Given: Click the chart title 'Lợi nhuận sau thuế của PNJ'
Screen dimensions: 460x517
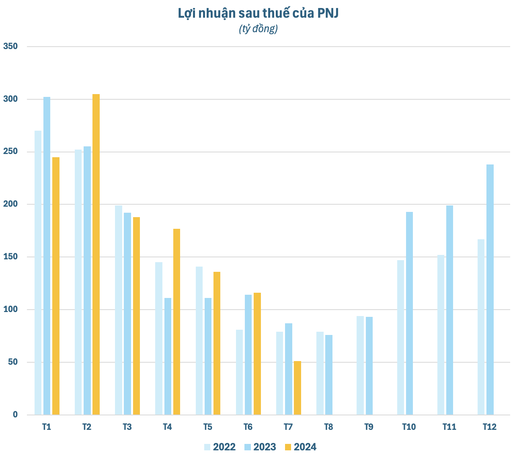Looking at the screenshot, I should (x=258, y=13).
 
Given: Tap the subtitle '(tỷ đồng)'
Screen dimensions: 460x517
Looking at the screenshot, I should (x=258, y=29).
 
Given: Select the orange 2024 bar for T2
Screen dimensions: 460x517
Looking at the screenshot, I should (x=96, y=254).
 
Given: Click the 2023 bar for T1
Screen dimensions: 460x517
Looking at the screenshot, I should (x=47, y=256).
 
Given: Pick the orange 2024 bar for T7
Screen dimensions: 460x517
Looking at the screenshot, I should (x=297, y=388).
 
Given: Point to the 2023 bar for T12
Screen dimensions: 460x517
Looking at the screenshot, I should (x=490, y=290).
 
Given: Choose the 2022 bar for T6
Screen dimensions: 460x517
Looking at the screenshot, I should (x=240, y=372).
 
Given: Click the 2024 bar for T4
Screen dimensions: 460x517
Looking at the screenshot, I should (x=177, y=322).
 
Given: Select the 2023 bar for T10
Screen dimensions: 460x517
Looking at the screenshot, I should (x=409, y=313).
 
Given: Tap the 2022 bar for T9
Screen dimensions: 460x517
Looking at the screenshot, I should (x=360, y=365).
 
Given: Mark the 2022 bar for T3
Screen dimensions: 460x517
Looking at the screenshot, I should (x=119, y=310).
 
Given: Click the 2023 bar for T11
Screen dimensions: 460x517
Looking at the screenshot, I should (x=449, y=310).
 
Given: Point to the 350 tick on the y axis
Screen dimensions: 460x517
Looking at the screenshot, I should (x=11, y=47).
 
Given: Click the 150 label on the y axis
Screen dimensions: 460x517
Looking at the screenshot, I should (x=11, y=257).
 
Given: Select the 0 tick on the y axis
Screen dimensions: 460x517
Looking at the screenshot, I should (x=15, y=415).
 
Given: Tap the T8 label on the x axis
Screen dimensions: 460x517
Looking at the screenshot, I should (x=328, y=427).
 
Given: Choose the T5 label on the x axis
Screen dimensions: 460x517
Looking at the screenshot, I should (x=207, y=427).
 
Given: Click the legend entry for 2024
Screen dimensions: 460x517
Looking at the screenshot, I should (x=300, y=447).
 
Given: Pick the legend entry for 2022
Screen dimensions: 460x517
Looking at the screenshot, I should (x=220, y=447).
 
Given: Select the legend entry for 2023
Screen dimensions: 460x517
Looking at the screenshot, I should (x=260, y=447).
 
